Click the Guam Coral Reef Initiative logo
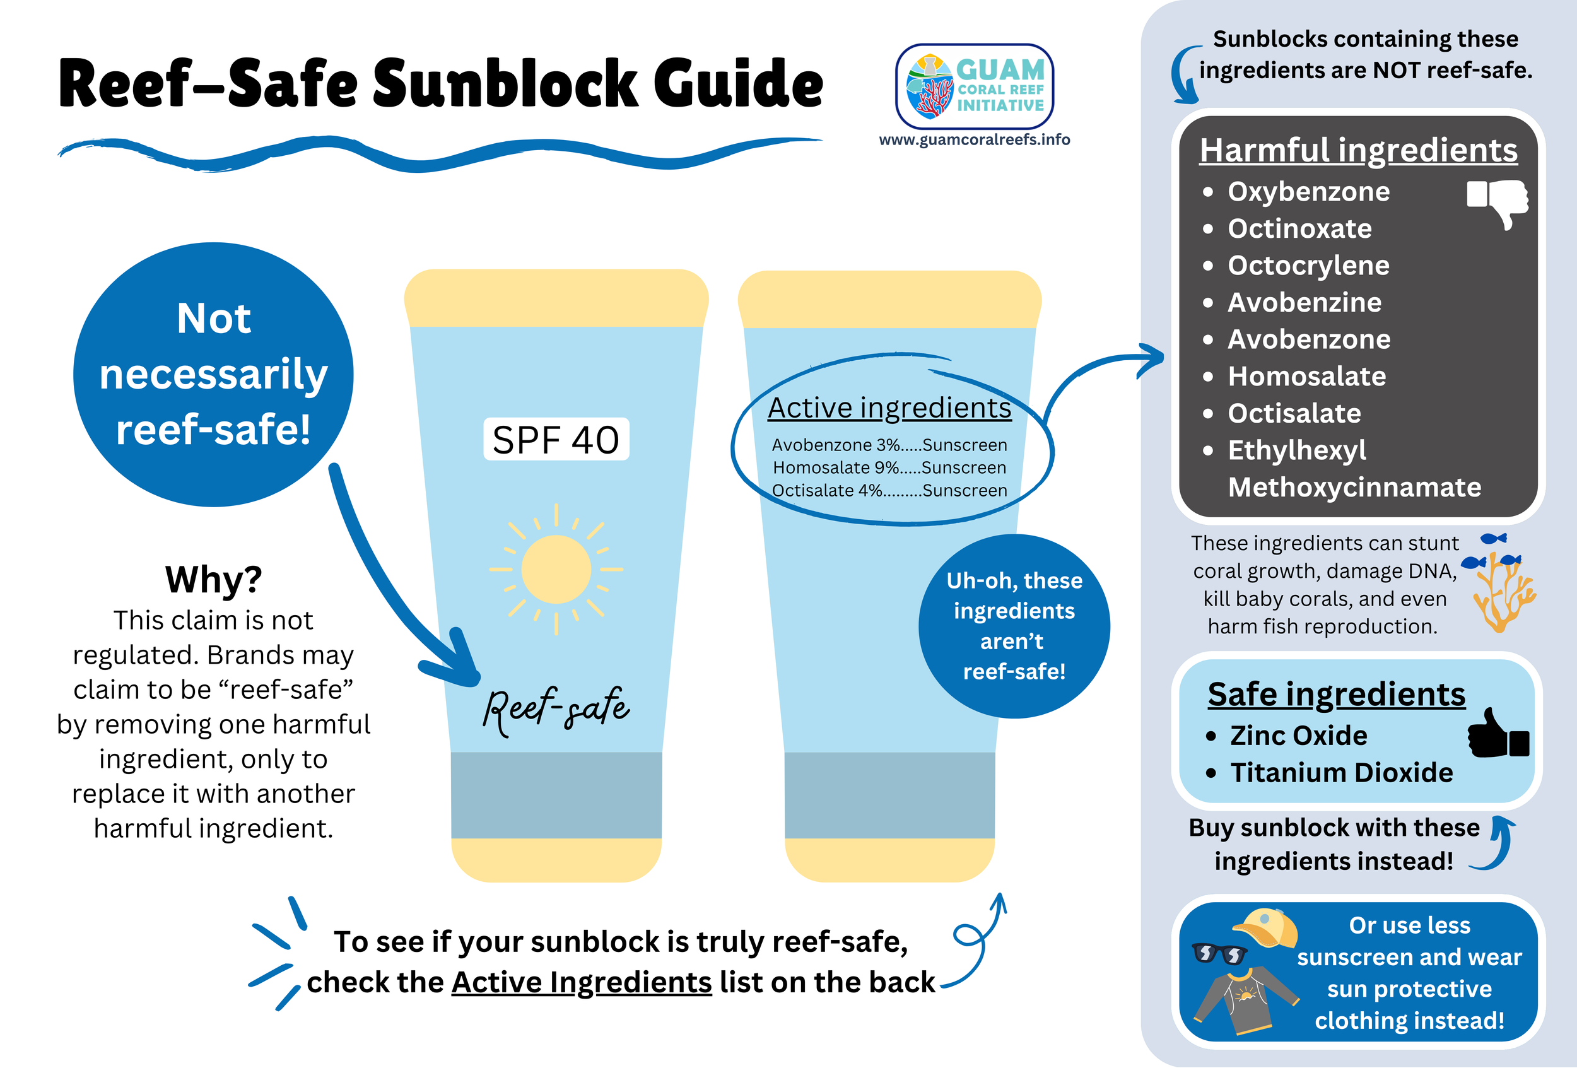[x=975, y=86]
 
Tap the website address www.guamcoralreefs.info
[x=975, y=140]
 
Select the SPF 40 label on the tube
[x=556, y=440]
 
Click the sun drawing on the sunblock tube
[x=556, y=569]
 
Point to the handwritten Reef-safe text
[x=556, y=709]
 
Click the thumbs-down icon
[x=1498, y=201]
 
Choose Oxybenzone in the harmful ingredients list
[x=1308, y=192]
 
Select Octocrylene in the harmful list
[x=1308, y=266]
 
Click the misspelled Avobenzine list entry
[x=1304, y=303]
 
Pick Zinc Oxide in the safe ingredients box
[x=1298, y=736]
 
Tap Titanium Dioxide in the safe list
[x=1342, y=773]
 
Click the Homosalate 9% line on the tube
[x=889, y=467]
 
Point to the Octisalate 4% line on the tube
[x=889, y=491]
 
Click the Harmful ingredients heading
[x=1358, y=150]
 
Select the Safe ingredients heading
[x=1336, y=694]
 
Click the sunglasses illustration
[x=1219, y=953]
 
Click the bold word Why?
[x=213, y=580]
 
